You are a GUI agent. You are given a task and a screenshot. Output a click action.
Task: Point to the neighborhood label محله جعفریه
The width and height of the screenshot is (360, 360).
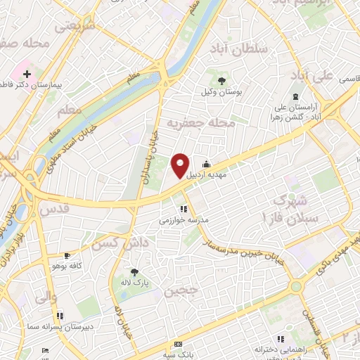coord(200,123)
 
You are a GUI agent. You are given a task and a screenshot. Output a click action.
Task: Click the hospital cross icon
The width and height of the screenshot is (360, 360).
coord(27,73)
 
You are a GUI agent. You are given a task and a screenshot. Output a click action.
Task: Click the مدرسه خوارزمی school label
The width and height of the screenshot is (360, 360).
coord(184,220)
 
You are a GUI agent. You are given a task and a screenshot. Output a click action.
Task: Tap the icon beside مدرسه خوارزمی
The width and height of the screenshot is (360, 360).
coord(183,209)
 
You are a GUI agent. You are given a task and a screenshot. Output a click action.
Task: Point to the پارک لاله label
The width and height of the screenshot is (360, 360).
coord(134,283)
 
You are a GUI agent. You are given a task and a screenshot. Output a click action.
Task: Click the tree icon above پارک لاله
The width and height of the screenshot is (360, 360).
coord(134,271)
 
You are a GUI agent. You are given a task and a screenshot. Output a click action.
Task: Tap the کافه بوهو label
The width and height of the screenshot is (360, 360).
coord(67,266)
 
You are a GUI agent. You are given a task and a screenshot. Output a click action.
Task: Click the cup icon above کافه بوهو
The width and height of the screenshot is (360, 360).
coord(67,255)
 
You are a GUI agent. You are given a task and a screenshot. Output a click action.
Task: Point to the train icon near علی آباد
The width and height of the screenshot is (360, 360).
coord(295,97)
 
